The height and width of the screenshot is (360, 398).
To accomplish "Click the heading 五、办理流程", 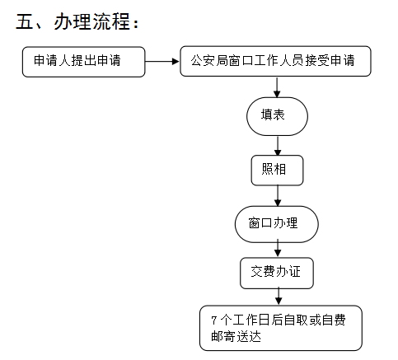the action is click(77, 21).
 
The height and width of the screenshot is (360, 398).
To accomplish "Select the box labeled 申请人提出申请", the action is click(83, 62).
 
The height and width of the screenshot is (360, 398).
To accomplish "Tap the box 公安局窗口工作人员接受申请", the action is click(275, 61).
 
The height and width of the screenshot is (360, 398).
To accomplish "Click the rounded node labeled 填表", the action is click(277, 116).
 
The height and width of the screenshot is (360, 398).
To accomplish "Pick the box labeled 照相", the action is click(277, 171).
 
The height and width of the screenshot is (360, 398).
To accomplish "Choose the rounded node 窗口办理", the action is click(277, 224).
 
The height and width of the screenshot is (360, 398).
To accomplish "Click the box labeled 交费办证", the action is click(277, 273).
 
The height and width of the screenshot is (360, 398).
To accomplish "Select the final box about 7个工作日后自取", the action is click(281, 328).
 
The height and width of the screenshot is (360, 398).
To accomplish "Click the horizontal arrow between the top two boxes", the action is click(162, 61).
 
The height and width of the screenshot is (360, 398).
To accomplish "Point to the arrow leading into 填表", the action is click(277, 87).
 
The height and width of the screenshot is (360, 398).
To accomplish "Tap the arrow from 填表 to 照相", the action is click(278, 146).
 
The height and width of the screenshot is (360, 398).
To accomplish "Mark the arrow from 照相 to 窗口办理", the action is click(278, 196).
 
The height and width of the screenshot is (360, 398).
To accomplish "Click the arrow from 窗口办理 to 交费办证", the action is click(278, 248).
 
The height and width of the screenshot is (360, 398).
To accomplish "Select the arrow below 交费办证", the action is click(279, 297).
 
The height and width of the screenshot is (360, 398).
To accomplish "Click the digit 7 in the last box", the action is click(214, 320).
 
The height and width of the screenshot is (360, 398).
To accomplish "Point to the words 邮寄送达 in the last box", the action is click(236, 336).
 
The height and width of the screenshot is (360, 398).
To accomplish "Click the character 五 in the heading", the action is click(25, 21).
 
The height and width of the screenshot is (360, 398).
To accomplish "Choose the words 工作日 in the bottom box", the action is click(251, 320).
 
